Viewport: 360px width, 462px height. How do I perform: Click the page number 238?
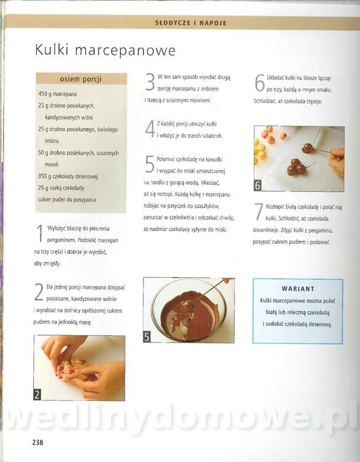tap(38, 442)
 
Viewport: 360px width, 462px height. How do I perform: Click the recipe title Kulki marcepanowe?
tap(105, 50)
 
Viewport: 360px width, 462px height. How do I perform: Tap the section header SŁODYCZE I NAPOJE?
tap(191, 23)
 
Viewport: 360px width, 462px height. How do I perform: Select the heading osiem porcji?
tap(81, 79)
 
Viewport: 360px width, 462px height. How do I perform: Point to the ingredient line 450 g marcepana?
tap(57, 94)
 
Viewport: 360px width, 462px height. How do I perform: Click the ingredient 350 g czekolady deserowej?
tap(68, 176)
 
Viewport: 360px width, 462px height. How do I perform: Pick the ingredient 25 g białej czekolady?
tap(61, 188)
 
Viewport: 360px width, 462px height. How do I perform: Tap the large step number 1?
tap(39, 234)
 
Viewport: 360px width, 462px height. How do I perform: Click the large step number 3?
tap(150, 82)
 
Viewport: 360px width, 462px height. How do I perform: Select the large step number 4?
tap(150, 129)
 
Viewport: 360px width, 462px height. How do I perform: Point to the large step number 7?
tap(258, 211)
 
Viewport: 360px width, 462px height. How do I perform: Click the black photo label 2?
tap(37, 394)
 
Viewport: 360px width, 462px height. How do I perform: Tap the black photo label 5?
tap(146, 337)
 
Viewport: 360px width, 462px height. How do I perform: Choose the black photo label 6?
tap(257, 185)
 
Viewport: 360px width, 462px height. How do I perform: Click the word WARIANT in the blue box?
tap(298, 289)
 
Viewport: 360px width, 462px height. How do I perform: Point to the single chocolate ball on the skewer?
tap(308, 147)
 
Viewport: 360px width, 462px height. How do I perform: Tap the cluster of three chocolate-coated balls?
tap(297, 167)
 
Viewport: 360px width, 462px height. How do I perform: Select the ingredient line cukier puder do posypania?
tap(67, 200)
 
